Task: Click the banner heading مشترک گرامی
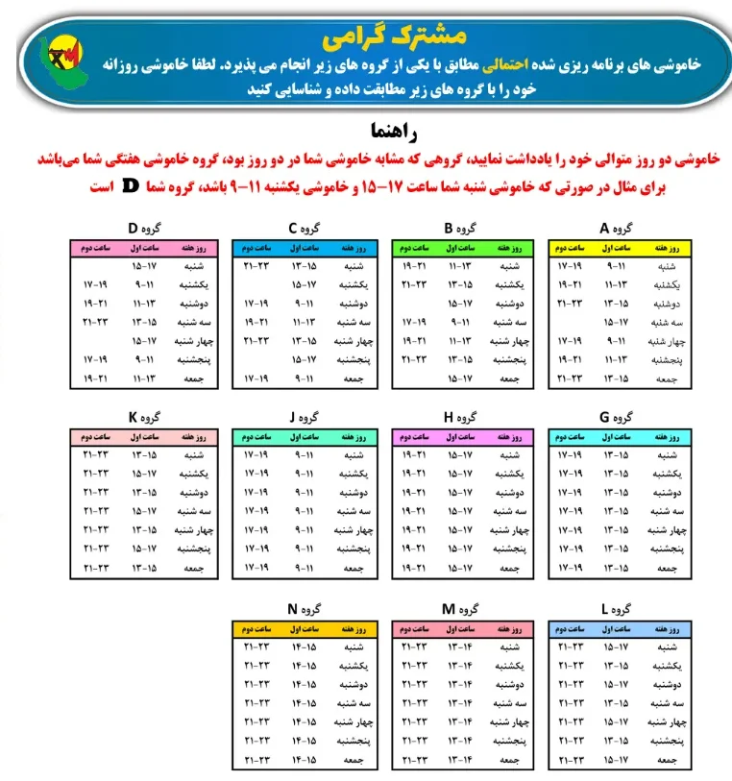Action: (x=393, y=37)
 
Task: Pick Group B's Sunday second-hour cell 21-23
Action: (x=414, y=284)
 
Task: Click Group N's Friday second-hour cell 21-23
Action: (x=256, y=761)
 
